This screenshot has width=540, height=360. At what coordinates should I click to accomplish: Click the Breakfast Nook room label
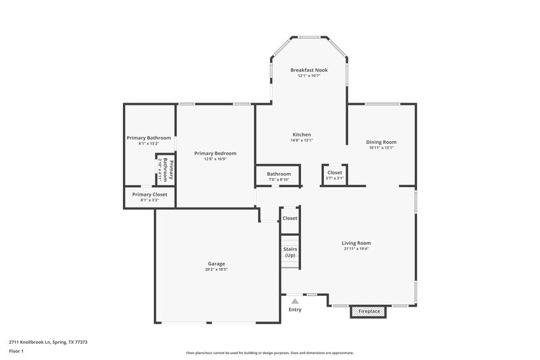[308, 70]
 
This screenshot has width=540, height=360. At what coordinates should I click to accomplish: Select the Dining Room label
[381, 142]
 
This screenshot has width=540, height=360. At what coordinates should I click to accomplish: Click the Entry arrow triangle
[295, 301]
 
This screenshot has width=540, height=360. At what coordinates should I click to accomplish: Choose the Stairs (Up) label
[290, 252]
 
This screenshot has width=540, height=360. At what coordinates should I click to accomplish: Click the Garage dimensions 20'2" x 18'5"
[216, 269]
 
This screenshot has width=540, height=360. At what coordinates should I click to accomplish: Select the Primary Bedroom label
[215, 153]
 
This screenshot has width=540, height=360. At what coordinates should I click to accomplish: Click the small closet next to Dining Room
[335, 175]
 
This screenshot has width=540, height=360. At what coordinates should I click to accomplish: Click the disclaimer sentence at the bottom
[269, 353]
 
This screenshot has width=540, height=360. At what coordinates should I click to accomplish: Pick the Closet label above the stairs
[290, 218]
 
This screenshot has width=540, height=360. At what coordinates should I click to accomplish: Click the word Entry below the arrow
[295, 310]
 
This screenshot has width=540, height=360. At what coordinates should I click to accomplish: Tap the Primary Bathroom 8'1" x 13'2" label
[148, 140]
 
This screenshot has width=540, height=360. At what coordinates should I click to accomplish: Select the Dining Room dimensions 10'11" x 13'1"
[381, 148]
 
